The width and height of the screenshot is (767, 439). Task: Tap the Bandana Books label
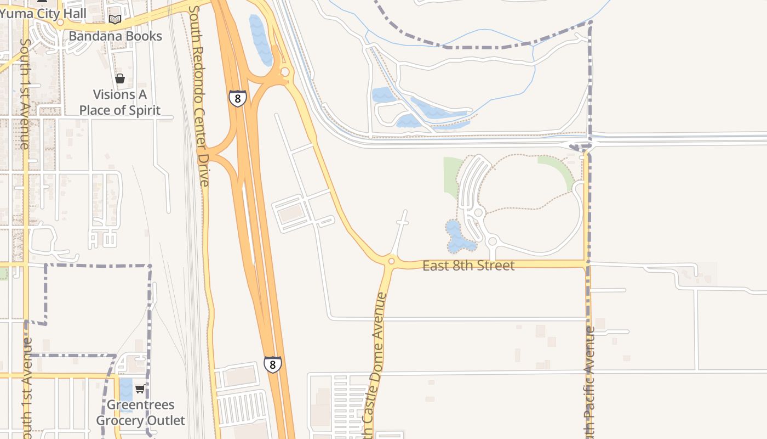[x=115, y=36]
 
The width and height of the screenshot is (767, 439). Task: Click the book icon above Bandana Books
[x=115, y=20]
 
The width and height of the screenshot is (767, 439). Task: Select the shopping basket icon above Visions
[x=120, y=78]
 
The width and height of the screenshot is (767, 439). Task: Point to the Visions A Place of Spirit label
[x=120, y=102]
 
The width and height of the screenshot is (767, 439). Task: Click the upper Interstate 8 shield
[x=237, y=98]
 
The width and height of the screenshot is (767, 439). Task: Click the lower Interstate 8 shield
[x=272, y=364]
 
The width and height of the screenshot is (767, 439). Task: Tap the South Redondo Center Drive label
[x=199, y=96]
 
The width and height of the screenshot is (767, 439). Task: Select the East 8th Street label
[x=468, y=266]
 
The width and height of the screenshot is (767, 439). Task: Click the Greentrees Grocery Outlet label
[x=141, y=413]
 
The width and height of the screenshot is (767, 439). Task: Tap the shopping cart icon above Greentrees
[x=140, y=389]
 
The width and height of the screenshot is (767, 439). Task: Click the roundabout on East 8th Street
[x=391, y=261]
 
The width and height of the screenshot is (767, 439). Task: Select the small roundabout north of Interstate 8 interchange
[x=285, y=72]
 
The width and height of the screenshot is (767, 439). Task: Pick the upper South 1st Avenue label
[x=24, y=93]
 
